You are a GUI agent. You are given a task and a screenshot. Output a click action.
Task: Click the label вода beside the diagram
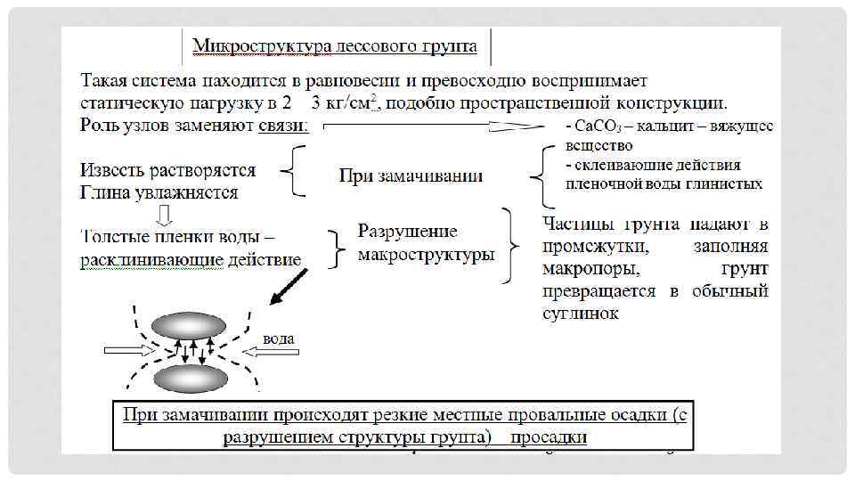coord(279,338)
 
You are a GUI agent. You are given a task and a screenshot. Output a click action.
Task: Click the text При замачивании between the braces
coord(411,175)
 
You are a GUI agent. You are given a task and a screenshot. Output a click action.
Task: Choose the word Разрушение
coord(407,232)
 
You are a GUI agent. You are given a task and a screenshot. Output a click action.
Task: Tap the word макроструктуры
coord(426,255)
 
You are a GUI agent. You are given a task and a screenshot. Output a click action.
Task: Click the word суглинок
coord(580,314)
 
